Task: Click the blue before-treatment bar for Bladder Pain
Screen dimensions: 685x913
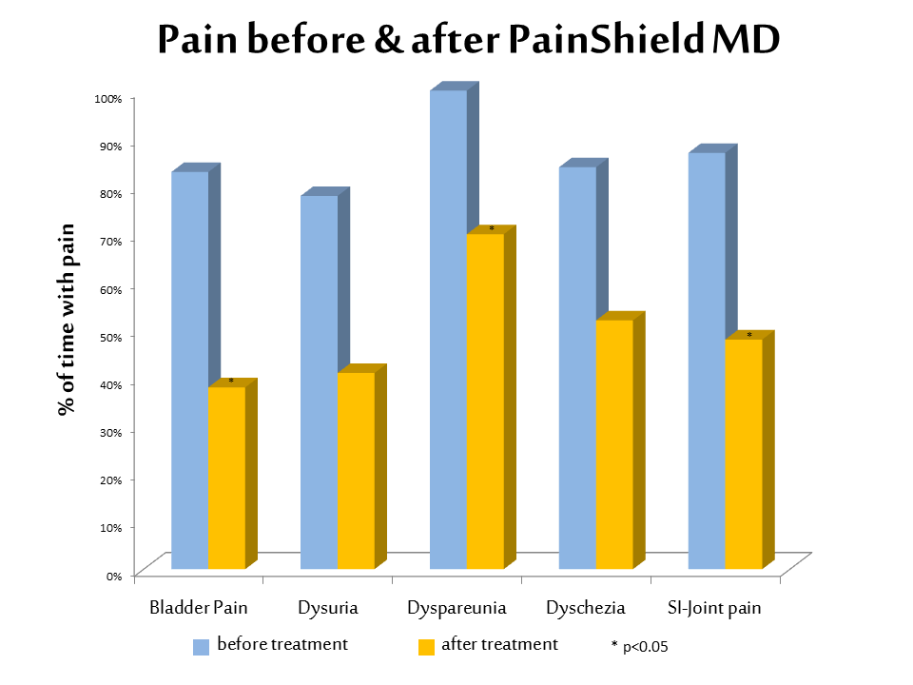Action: (x=189, y=371)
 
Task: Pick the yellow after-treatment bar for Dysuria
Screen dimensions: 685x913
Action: (x=356, y=471)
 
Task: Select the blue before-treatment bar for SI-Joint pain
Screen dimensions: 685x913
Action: (x=707, y=362)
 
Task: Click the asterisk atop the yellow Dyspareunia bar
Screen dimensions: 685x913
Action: (x=492, y=229)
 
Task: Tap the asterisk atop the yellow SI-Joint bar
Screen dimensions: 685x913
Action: (x=749, y=335)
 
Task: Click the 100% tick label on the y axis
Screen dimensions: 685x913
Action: (x=107, y=98)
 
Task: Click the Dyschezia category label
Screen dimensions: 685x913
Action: (x=586, y=607)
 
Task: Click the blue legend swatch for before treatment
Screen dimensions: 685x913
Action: (x=201, y=647)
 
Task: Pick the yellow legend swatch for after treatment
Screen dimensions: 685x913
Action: (x=427, y=647)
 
